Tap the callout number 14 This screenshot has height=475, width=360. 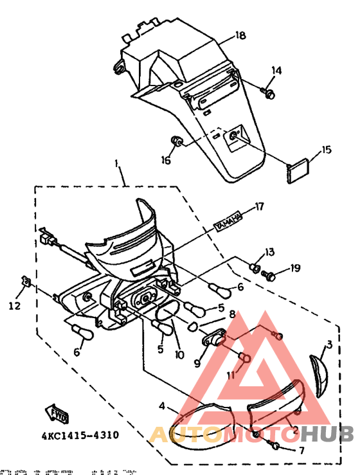276,69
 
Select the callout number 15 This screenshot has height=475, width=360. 327,150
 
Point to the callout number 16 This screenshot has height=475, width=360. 166,161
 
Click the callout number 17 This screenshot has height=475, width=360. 259,206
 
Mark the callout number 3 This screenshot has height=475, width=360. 328,345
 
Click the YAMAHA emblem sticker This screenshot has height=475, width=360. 228,220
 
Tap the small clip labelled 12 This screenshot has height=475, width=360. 27,282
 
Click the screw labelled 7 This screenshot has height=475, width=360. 276,444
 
